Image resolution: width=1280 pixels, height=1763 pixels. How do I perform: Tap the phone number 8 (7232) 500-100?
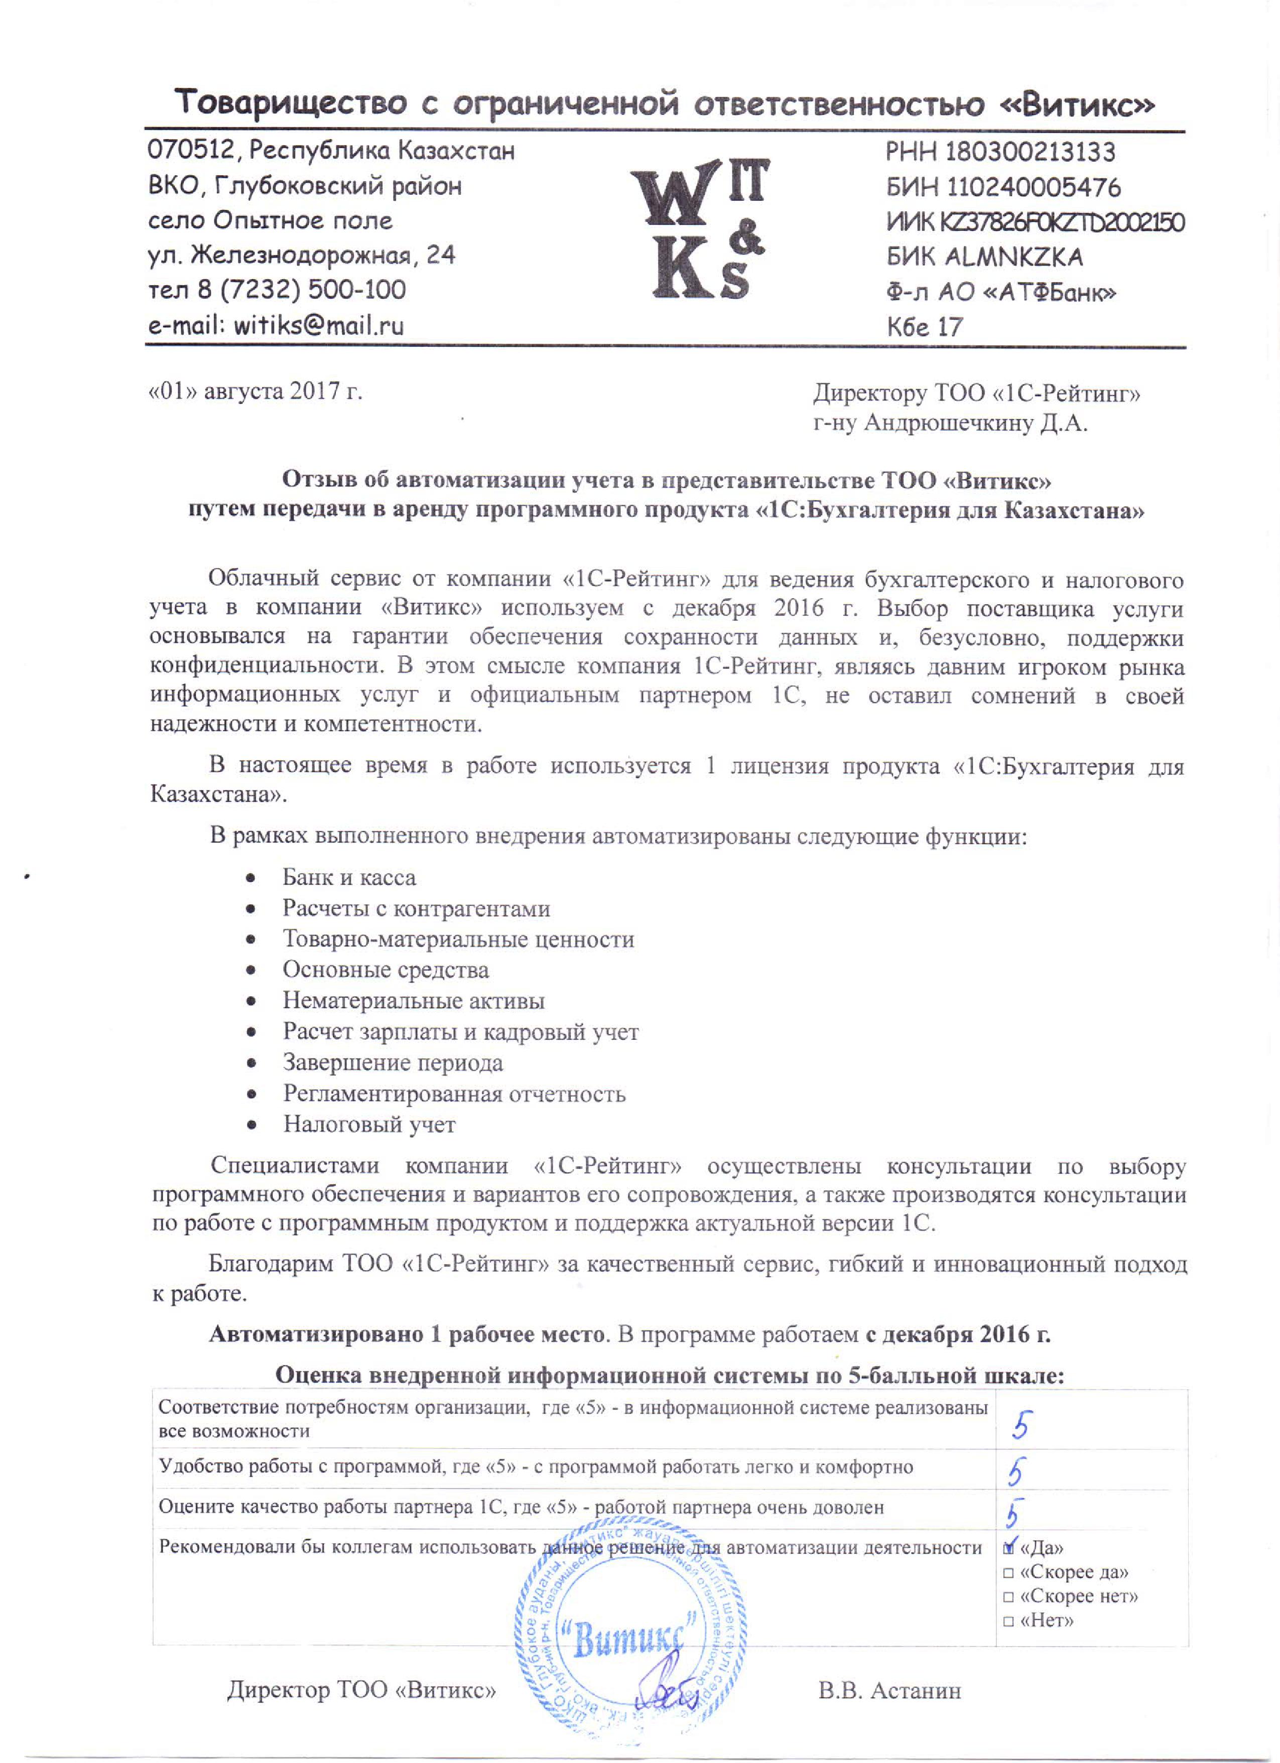click(301, 290)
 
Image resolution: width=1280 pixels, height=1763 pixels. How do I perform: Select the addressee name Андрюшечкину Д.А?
click(976, 424)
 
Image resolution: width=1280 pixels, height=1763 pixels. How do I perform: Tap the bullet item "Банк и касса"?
click(348, 878)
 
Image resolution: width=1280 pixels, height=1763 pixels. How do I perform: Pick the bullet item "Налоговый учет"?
click(368, 1124)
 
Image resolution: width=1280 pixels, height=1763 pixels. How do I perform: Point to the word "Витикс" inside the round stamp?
click(628, 1638)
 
